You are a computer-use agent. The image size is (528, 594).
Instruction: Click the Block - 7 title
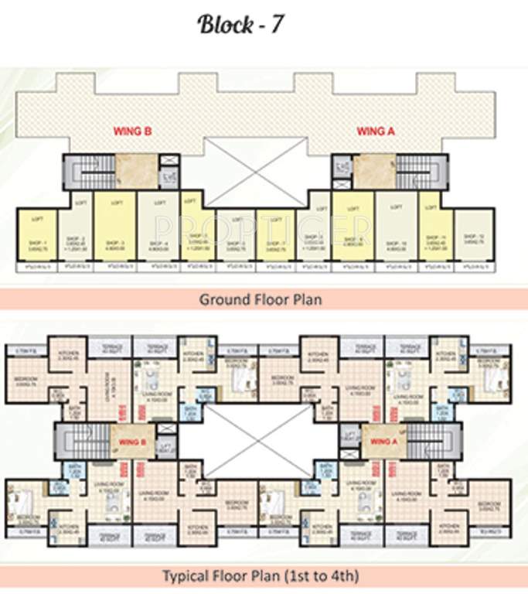pyautogui.click(x=240, y=25)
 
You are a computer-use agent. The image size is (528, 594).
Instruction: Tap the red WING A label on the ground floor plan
pyautogui.click(x=376, y=131)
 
